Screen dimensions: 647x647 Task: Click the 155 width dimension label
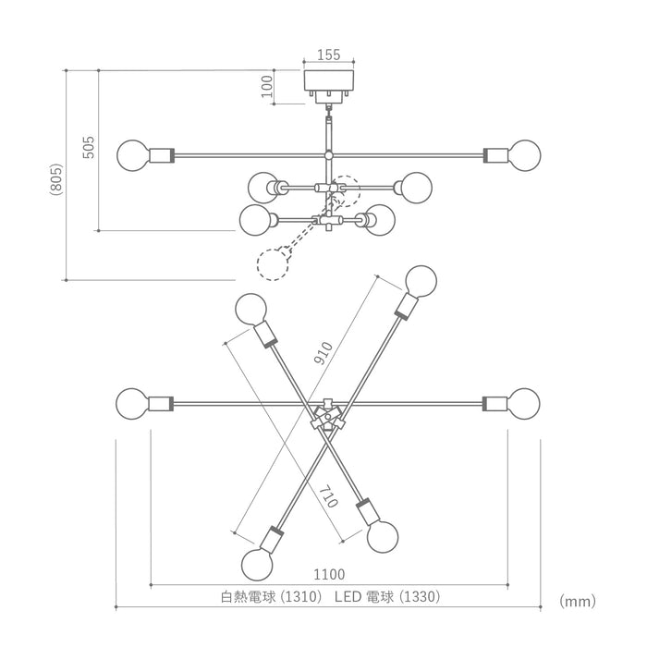pos(329,55)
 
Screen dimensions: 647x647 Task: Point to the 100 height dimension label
pos(267,86)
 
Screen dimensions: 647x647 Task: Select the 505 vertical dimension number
pos(89,147)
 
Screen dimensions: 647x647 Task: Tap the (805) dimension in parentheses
pos(56,179)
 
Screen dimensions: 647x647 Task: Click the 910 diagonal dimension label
pos(323,353)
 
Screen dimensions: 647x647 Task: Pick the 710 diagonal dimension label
pos(329,496)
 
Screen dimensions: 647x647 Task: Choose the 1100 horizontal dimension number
pos(329,574)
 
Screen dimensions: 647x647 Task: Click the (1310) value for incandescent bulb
pos(300,597)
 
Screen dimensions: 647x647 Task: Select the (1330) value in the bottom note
pos(420,597)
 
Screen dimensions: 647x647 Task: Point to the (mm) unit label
pos(578,601)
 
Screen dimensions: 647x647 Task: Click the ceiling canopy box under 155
pos(329,80)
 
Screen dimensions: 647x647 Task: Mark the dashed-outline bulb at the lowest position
pos(273,265)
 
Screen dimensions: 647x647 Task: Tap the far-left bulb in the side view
pos(132,155)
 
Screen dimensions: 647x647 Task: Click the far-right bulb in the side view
pos(525,155)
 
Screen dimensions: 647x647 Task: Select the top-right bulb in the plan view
pos(421,281)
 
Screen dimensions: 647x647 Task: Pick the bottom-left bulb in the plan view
pos(257,565)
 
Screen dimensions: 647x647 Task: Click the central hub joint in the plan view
pos(327,416)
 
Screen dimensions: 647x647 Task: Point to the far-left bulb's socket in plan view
pos(161,404)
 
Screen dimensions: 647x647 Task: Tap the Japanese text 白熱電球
pos(249,597)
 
